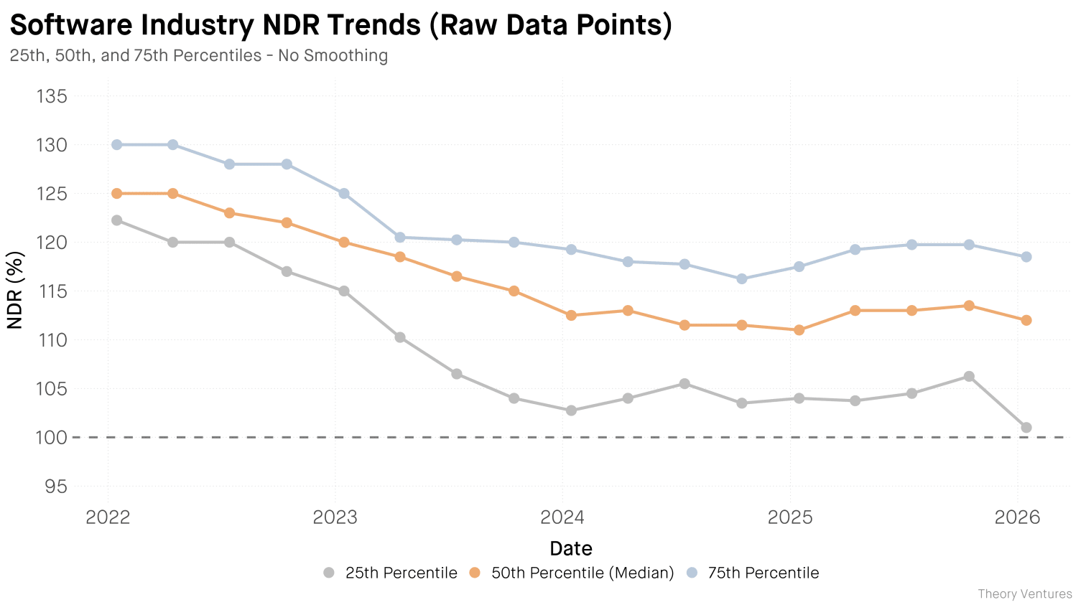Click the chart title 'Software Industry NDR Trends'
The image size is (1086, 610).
click(340, 24)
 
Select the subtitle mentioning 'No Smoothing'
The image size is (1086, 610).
click(199, 55)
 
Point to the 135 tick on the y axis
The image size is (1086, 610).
click(52, 96)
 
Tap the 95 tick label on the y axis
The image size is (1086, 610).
click(56, 487)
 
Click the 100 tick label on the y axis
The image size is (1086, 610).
click(52, 438)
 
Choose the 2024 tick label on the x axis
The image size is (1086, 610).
click(562, 517)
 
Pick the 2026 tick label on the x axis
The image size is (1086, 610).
click(1017, 517)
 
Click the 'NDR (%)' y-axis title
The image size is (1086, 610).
click(15, 290)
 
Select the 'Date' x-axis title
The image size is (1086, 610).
click(571, 549)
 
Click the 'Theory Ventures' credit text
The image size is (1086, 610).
click(1024, 594)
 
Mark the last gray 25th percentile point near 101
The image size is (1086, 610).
click(1026, 428)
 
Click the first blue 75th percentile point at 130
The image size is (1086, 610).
click(116, 145)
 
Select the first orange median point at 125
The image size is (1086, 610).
click(116, 194)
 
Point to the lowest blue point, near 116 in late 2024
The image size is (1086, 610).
click(742, 278)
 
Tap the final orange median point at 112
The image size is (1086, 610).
click(1026, 320)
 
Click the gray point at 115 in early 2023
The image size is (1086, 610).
click(344, 291)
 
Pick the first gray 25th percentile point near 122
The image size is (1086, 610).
click(116, 220)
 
